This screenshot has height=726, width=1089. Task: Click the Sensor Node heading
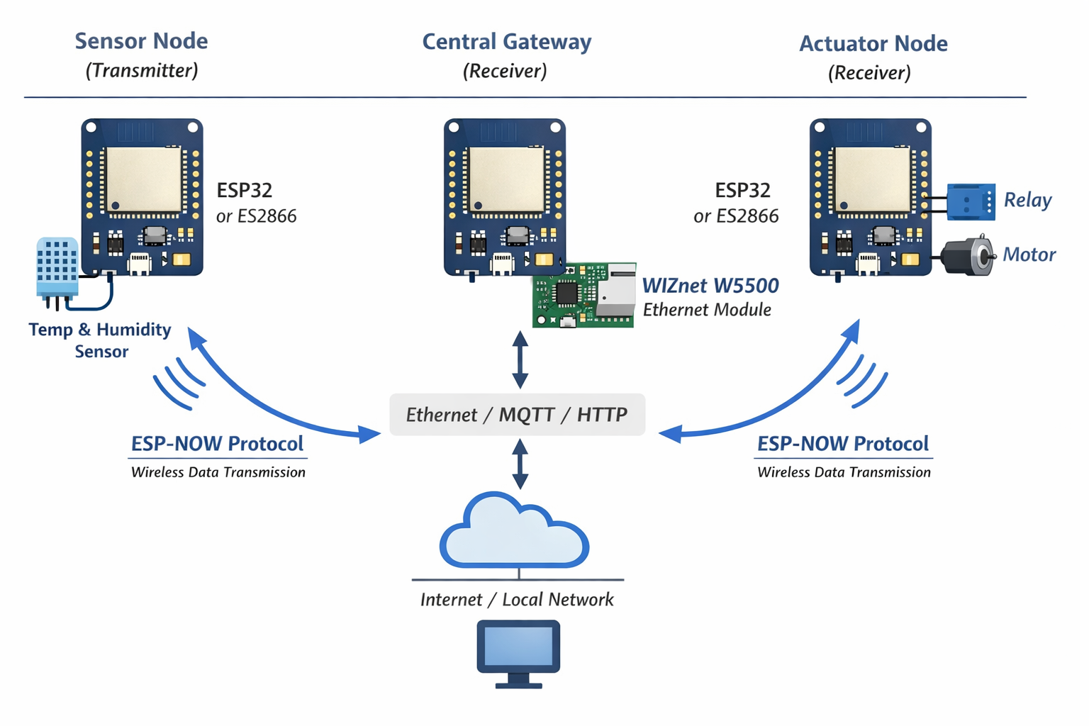[141, 41]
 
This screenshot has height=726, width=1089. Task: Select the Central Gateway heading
[506, 42]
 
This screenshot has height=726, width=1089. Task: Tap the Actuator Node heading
[873, 44]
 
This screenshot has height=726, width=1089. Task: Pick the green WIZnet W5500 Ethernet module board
[583, 296]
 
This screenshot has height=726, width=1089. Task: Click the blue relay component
[971, 201]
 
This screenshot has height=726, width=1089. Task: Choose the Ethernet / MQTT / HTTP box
[517, 415]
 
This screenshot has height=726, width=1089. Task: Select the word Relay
[1027, 201]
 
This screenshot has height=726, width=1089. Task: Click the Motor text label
[1029, 255]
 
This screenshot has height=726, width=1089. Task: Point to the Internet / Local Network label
[517, 600]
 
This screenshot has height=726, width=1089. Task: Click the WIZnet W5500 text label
[710, 286]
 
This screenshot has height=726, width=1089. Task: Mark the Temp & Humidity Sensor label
[100, 340]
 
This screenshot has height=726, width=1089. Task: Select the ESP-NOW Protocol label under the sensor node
[217, 444]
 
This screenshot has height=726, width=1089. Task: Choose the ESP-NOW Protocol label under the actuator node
[842, 444]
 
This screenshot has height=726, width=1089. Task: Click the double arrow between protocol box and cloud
[520, 464]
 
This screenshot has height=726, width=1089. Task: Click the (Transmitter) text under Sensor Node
[142, 71]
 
